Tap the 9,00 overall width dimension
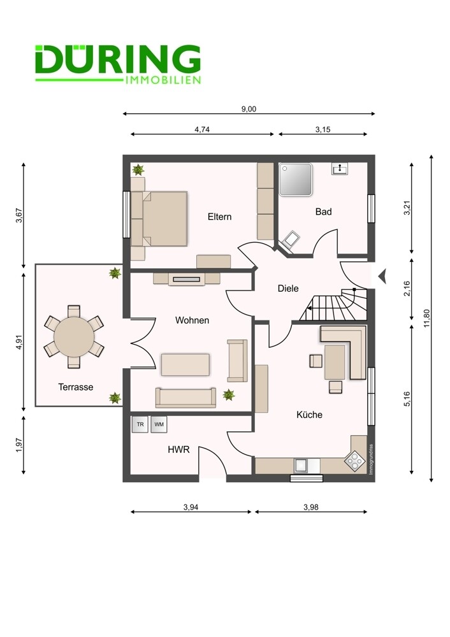coord(249,109)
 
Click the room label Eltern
coord(219,217)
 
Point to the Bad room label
coord(324,211)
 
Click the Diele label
coord(288,288)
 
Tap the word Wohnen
coord(192,320)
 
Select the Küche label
coord(309,415)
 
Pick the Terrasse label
coord(76,387)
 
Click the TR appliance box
coord(140,424)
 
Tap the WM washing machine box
coord(159,424)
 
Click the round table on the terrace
coord(73,337)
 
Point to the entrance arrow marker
coord(382,276)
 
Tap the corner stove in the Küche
coord(354,460)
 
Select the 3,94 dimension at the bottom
coord(190,507)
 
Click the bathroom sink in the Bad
coord(340,169)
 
